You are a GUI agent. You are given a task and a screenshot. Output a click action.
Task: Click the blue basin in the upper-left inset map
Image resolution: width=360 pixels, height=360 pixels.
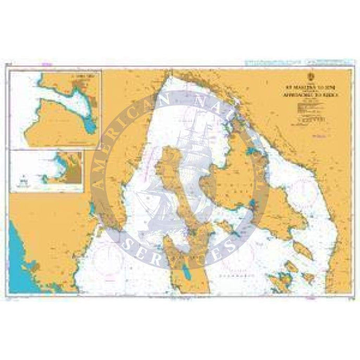[x=90, y=126]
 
